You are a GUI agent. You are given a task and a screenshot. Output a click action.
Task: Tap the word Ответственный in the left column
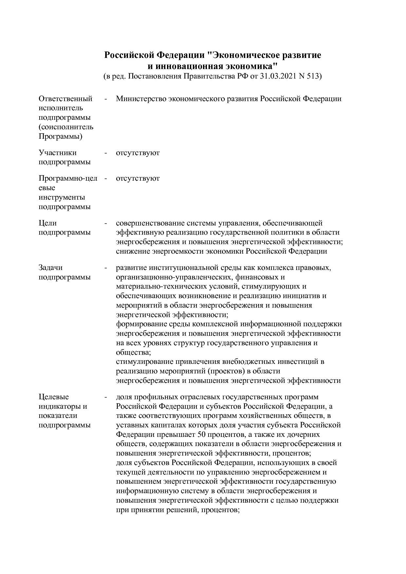point(65,99)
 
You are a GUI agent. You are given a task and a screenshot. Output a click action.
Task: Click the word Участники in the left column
point(58,153)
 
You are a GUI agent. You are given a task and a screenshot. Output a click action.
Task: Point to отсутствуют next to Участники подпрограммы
point(138,153)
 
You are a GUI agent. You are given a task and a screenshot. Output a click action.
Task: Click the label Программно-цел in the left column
point(68,178)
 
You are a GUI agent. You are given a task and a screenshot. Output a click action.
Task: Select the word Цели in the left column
point(47,223)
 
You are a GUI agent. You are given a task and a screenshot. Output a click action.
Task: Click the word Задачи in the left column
point(50,268)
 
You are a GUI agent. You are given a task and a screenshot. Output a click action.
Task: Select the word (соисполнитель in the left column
point(66,127)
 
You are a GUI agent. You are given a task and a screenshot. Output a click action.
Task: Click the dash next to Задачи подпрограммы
point(106,268)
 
